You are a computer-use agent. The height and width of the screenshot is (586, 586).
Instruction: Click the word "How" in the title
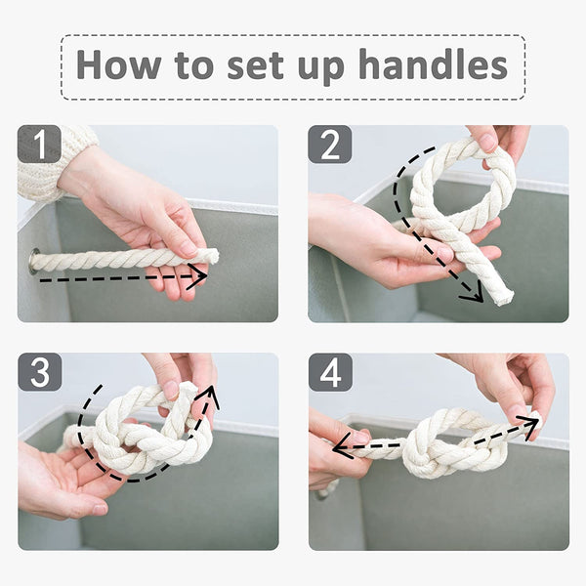point(118,63)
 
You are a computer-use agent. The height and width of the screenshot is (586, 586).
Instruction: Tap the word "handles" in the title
point(433,63)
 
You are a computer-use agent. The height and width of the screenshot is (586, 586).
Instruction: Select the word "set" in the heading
point(256,65)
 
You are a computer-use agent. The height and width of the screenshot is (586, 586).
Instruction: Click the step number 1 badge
point(39,144)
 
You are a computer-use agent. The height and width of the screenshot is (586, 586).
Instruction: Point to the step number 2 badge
point(330,145)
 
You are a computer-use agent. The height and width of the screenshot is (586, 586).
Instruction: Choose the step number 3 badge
point(40,372)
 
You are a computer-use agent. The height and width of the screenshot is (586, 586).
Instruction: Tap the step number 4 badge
point(330,372)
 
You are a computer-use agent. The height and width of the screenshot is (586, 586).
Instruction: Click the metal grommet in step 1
point(34,261)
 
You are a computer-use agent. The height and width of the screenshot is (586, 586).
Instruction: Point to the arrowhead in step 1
point(197,276)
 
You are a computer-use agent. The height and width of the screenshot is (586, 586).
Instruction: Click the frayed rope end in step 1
point(212,256)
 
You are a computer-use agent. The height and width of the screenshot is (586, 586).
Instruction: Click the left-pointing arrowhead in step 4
point(341,445)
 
